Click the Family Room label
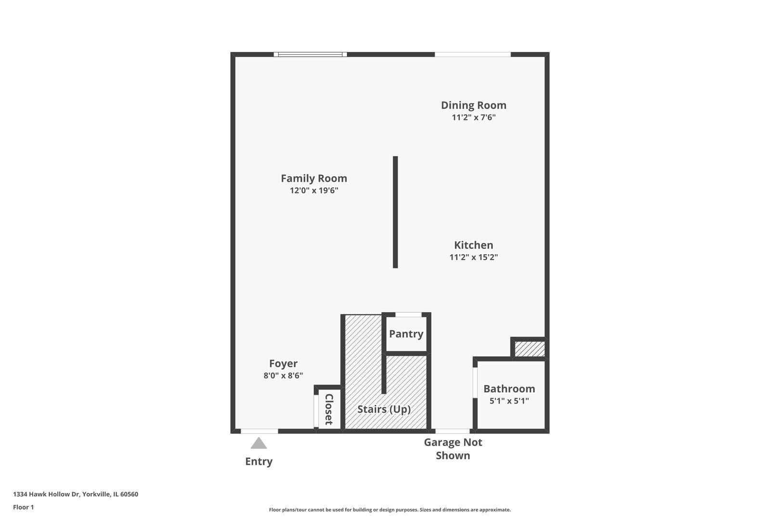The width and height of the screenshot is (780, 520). tap(314, 179)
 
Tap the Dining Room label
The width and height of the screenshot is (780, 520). tap(473, 105)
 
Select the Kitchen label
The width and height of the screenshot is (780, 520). tap(473, 245)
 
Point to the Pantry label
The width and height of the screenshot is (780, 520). tap(406, 334)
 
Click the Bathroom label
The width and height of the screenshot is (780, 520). tap(509, 389)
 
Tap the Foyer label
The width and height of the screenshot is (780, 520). tap(283, 364)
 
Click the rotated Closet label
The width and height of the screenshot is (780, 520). tap(329, 409)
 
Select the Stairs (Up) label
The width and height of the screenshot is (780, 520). tap(384, 409)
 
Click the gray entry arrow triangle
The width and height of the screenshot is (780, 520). tap(259, 443)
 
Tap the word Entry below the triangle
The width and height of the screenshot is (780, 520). tap(259, 461)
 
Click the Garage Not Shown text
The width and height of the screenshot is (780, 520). tap(453, 449)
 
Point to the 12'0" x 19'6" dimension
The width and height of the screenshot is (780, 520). tap(314, 191)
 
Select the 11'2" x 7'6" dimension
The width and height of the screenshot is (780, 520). tap(473, 117)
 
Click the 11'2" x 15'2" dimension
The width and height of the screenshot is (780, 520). tap(473, 257)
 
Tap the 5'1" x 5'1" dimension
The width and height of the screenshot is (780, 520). tap(509, 401)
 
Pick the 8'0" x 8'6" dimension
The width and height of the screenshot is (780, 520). tap(283, 376)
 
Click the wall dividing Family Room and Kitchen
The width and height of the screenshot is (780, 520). tap(395, 212)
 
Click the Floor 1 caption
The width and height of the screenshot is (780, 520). tap(23, 507)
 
